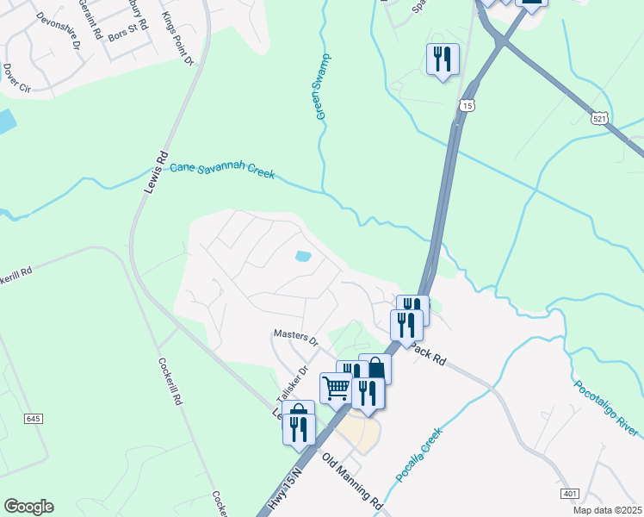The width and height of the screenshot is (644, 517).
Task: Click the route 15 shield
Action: [467, 105]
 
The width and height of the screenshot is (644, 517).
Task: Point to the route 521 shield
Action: [601, 117]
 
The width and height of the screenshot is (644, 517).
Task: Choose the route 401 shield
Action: [569, 493]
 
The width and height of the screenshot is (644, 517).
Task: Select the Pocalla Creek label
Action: [418, 455]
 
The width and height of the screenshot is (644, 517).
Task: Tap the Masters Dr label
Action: [295, 333]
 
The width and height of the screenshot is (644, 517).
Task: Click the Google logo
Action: [28, 507]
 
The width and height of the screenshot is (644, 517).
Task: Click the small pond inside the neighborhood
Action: [302, 256]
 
